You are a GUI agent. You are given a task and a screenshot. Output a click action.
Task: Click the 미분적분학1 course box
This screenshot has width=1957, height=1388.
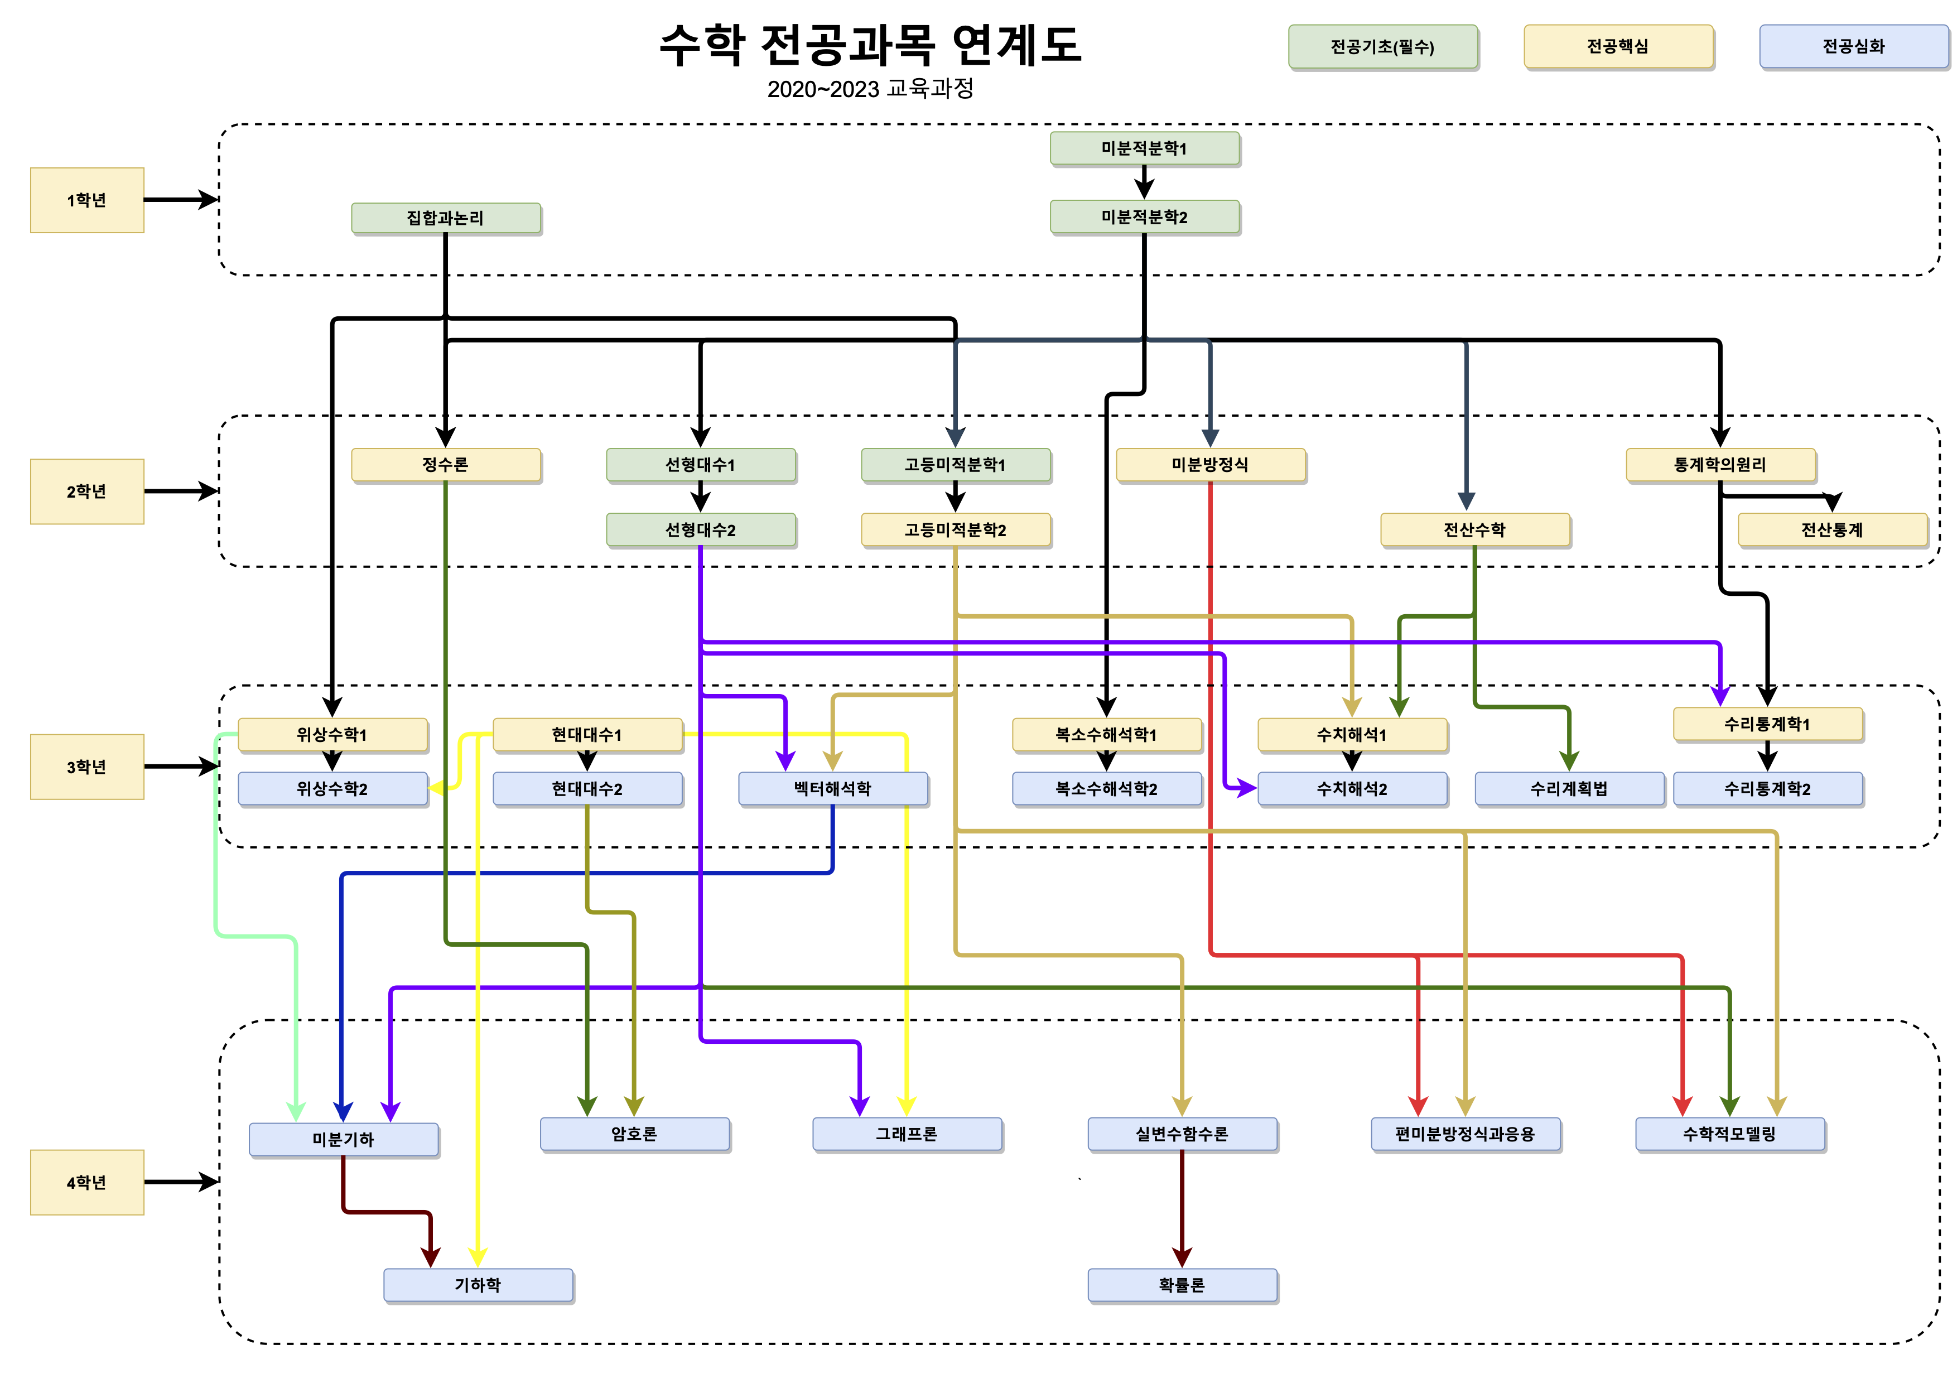pos(1144,148)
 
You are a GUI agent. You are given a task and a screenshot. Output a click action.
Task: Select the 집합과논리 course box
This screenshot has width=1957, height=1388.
pos(445,218)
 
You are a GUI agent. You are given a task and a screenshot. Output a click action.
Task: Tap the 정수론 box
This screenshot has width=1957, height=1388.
pos(445,464)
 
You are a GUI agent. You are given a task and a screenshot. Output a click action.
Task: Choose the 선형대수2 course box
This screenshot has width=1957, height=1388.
pos(700,529)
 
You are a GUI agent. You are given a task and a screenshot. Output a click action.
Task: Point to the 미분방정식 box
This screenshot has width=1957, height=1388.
pos(1209,464)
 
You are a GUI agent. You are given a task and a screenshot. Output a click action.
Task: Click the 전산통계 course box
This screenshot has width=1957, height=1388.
pos(1831,529)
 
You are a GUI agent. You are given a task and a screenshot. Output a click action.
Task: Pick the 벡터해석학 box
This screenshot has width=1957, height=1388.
pos(832,788)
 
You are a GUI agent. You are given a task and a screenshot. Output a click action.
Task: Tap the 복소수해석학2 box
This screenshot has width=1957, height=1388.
pos(1106,788)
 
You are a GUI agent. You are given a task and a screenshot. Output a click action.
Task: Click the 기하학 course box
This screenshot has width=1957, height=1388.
pos(478,1285)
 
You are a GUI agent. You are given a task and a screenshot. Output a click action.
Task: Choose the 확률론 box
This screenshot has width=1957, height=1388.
pos(1182,1285)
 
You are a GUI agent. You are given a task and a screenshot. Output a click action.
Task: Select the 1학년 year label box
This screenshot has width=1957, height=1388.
pos(86,200)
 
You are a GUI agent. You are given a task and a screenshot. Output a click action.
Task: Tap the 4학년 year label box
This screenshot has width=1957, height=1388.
pos(86,1182)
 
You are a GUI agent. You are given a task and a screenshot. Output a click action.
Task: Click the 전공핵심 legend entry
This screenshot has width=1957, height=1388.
pos(1618,46)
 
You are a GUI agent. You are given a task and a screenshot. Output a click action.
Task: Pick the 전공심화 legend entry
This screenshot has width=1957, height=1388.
pos(1853,46)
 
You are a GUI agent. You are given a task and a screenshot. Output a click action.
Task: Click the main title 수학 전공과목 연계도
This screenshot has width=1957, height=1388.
pos(870,45)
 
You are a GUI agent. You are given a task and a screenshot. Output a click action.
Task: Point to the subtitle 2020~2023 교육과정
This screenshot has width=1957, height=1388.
pos(870,89)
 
